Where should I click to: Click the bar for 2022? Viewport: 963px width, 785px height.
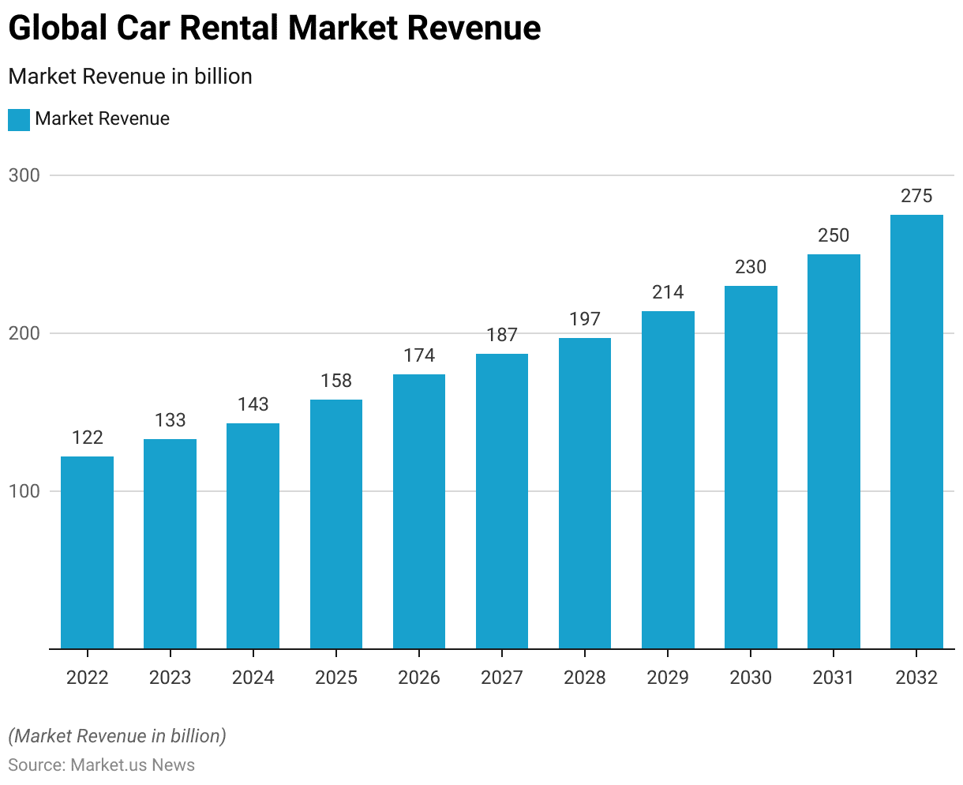coord(87,553)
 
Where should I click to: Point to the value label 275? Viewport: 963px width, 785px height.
coord(916,196)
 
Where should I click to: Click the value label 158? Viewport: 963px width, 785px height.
coord(336,381)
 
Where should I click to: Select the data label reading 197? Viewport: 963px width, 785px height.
coord(585,319)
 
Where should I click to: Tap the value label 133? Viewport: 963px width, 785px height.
coord(170,420)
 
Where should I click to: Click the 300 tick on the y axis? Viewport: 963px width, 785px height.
coord(24,175)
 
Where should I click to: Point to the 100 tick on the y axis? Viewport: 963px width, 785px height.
coord(24,491)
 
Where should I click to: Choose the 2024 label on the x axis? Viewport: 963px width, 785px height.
coord(253,678)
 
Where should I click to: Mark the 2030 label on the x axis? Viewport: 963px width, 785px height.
coord(751,678)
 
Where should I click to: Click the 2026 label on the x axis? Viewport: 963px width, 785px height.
coord(419,678)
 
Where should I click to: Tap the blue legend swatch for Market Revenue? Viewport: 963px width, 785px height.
coord(19,120)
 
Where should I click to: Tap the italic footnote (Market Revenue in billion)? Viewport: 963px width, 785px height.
coord(117,736)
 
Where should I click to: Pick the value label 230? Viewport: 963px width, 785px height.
coord(751,267)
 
